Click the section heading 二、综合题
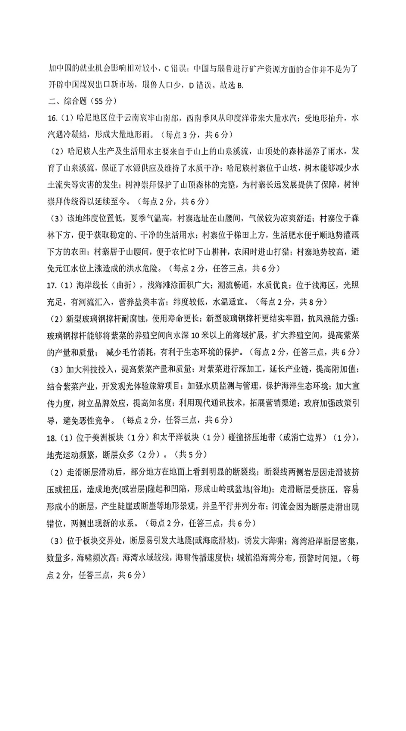[x=67, y=101]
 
